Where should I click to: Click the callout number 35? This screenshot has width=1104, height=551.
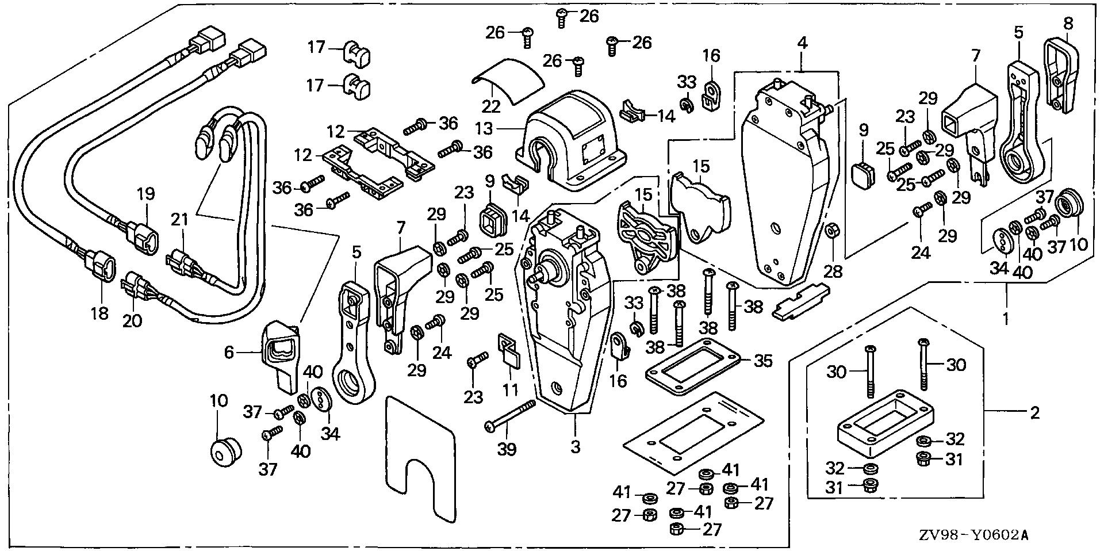point(764,362)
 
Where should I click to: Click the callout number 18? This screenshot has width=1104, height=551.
point(99,313)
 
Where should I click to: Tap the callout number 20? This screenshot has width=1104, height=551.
point(132,320)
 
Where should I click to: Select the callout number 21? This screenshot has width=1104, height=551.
point(180,219)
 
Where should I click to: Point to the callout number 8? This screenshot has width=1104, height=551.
point(1068,24)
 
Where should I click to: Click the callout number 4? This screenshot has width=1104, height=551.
point(802,43)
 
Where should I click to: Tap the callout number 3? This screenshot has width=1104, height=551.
point(576,446)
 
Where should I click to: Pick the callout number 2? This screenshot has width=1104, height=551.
point(1034,412)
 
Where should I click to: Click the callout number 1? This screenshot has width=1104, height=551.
point(1006,319)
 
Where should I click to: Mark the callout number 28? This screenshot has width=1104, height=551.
point(833,270)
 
